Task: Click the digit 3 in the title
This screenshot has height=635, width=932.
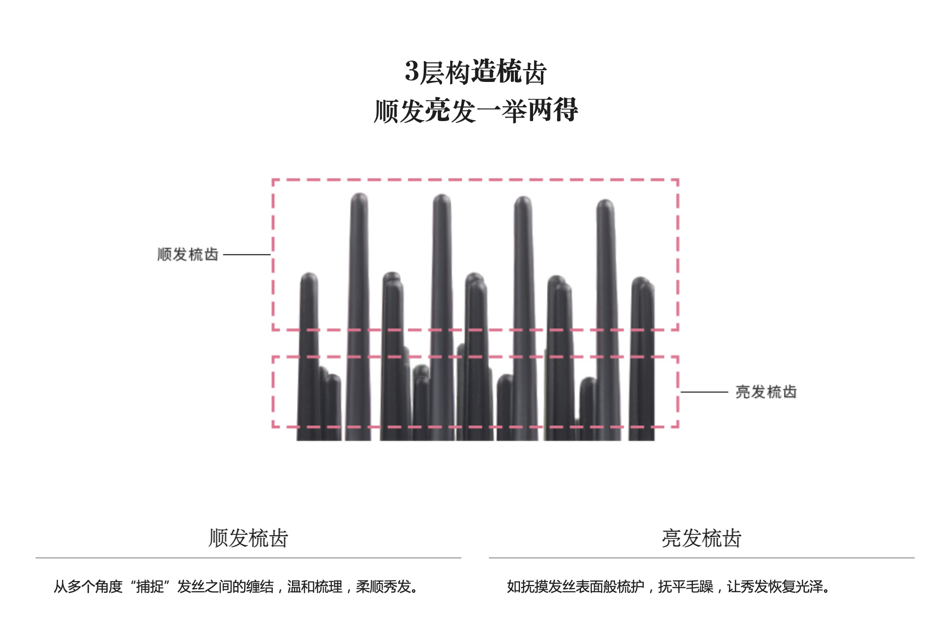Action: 412,71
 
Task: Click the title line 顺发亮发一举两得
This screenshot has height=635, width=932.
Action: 476,110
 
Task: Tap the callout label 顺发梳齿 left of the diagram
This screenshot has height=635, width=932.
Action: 188,254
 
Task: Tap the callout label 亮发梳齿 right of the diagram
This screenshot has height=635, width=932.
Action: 766,392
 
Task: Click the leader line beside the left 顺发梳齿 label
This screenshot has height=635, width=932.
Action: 247,254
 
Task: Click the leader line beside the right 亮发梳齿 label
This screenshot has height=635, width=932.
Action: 704,392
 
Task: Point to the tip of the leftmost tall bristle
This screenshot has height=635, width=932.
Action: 359,196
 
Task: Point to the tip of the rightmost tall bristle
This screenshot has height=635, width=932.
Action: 605,203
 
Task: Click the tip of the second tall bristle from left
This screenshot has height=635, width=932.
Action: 442,198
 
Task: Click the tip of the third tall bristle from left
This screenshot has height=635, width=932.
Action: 523,200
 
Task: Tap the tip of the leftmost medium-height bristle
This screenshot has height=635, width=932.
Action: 309,276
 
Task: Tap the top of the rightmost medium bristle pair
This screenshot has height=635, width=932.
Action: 642,281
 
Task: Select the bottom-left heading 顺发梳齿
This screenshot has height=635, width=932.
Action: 248,538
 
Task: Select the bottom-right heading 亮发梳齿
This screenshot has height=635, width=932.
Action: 702,538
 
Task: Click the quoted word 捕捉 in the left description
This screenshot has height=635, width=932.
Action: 150,587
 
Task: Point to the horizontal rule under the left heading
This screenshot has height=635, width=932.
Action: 248,558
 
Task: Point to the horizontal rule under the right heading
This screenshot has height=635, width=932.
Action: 702,558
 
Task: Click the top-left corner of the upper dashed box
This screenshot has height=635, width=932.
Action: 273,180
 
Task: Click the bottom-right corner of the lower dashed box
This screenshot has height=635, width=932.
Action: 678,426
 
